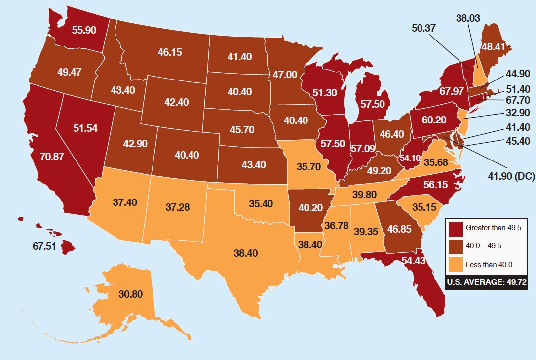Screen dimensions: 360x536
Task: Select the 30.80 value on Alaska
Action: click(x=130, y=294)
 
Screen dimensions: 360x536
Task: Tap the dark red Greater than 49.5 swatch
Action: click(x=456, y=229)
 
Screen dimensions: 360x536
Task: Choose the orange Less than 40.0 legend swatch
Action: click(x=456, y=265)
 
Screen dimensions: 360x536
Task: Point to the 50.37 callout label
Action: click(x=423, y=28)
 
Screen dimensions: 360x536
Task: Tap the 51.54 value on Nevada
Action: click(x=84, y=128)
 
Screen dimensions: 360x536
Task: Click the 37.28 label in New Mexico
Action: click(x=178, y=207)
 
